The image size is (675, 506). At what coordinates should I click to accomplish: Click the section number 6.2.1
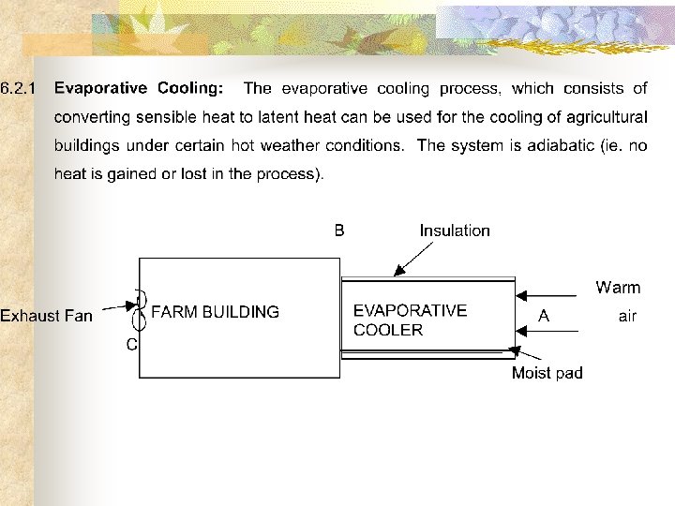(19, 89)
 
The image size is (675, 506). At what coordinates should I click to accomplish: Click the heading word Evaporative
(100, 89)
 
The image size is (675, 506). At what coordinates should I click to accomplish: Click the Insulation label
(455, 231)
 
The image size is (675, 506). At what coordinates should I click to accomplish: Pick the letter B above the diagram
(339, 231)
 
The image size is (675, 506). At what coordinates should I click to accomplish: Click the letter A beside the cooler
(544, 317)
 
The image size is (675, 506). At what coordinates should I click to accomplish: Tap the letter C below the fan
(132, 344)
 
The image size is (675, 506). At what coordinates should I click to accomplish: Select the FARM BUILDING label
(215, 312)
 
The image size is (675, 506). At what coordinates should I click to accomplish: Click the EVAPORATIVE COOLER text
(410, 320)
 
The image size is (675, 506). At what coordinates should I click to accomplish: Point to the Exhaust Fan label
(46, 316)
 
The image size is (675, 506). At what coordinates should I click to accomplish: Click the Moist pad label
(547, 373)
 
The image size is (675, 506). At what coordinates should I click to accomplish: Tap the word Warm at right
(618, 288)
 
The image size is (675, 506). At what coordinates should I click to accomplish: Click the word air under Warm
(627, 317)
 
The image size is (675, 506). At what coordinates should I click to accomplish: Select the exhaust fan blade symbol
(142, 309)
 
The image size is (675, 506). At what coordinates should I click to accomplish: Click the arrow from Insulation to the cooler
(413, 259)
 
